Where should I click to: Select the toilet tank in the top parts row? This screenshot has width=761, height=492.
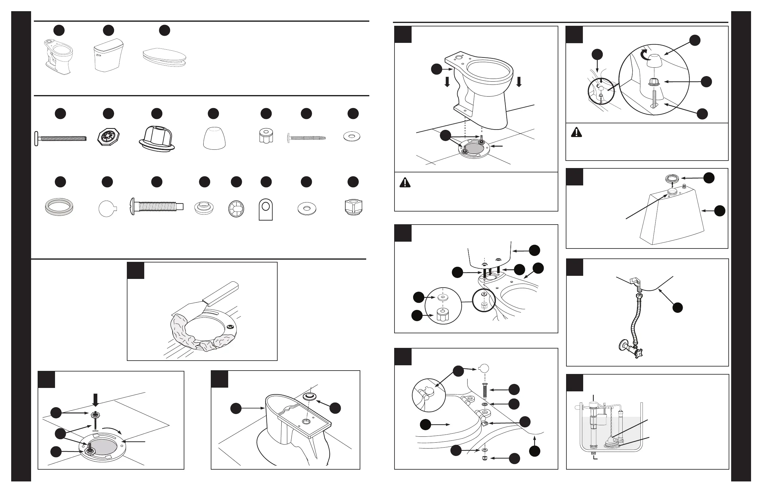pyautogui.click(x=108, y=55)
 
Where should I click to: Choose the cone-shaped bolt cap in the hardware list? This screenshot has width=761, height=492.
pyautogui.click(x=214, y=138)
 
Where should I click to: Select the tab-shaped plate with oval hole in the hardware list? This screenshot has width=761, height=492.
pyautogui.click(x=265, y=209)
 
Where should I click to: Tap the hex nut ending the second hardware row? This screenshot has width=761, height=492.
pyautogui.click(x=353, y=207)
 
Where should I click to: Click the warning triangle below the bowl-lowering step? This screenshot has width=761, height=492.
pyautogui.click(x=405, y=183)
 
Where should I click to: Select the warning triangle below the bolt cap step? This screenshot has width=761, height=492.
pyautogui.click(x=576, y=132)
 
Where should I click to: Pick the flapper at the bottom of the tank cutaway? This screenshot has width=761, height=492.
pyautogui.click(x=612, y=443)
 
